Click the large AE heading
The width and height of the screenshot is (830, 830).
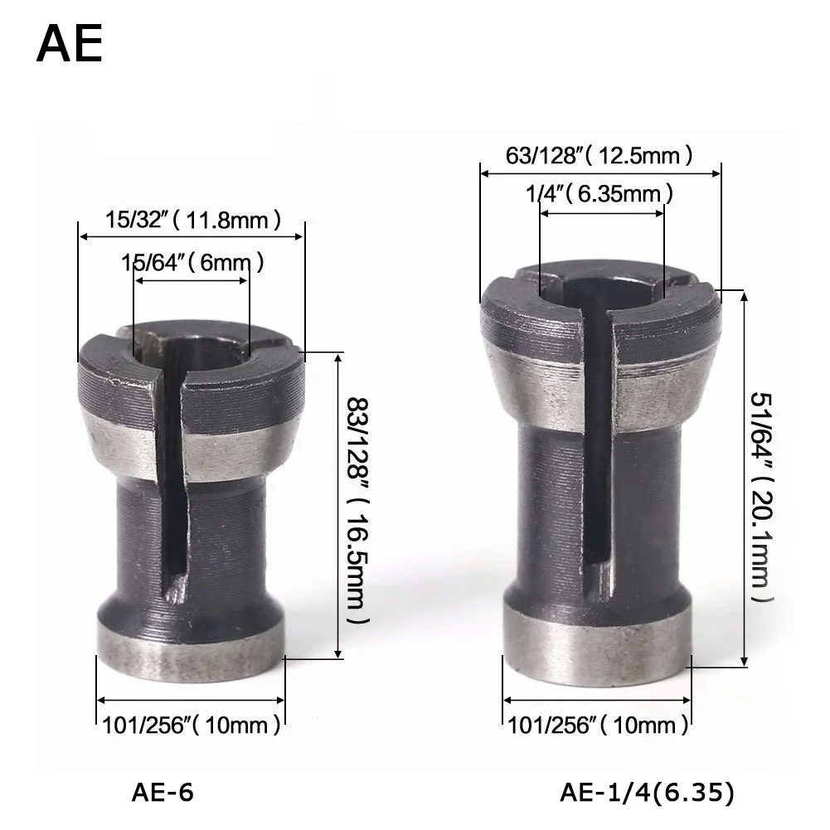click(70, 45)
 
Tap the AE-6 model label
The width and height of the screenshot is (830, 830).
click(163, 793)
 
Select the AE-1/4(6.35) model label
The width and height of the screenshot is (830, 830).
click(648, 793)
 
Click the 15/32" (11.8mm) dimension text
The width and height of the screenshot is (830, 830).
click(192, 220)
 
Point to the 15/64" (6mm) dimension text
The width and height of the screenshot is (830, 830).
click(192, 262)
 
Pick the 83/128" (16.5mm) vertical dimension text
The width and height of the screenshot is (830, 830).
click(358, 511)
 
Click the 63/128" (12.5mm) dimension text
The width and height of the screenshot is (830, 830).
click(599, 156)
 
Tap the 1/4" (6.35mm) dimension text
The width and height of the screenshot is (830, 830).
click(599, 194)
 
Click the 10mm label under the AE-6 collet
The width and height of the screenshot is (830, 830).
click(191, 725)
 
